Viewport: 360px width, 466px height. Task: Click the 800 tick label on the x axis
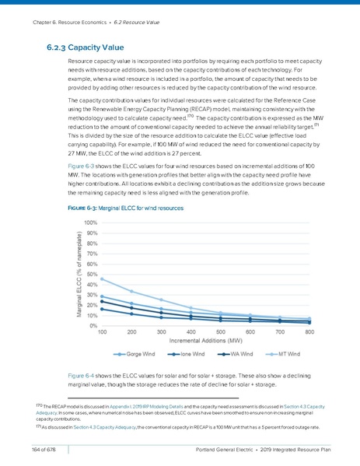(309, 331)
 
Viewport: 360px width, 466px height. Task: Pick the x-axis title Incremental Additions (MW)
(206, 340)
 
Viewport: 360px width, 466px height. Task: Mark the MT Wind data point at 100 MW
(103, 279)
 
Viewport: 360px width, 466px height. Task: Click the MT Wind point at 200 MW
(131, 291)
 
